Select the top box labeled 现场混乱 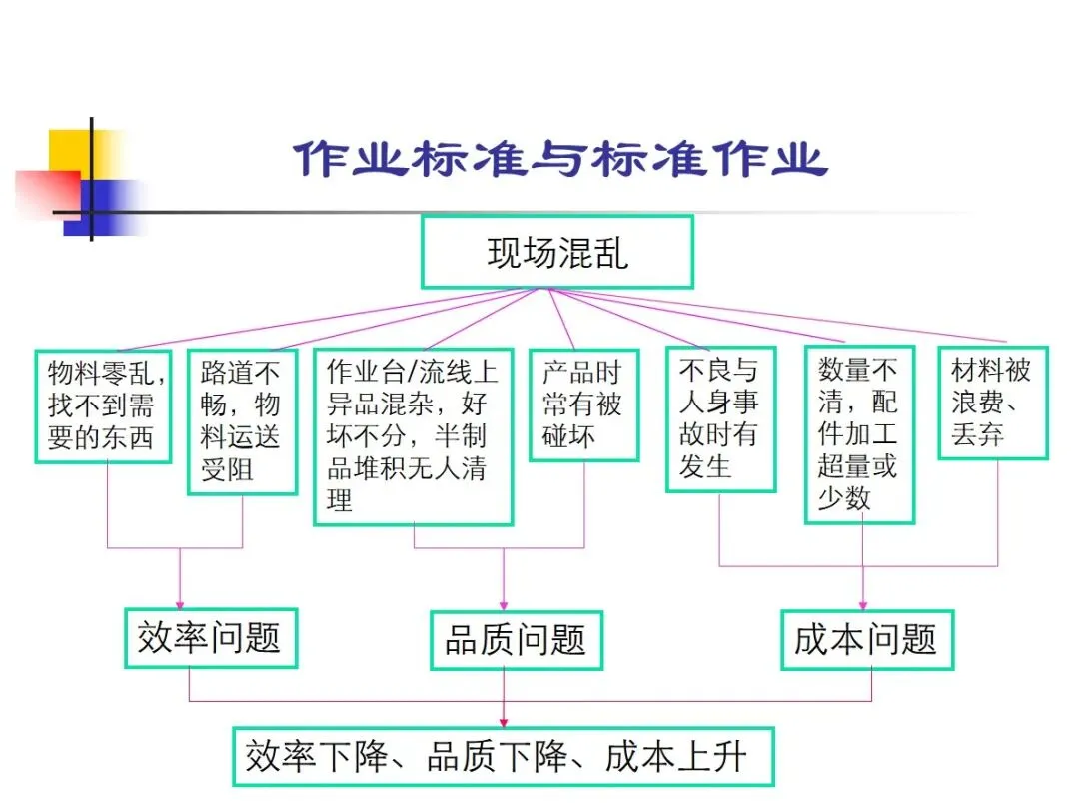(x=556, y=252)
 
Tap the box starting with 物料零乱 (x=103, y=405)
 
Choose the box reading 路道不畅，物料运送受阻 (x=242, y=420)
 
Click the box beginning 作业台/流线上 (x=413, y=435)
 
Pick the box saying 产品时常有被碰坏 (x=583, y=404)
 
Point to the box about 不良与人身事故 (x=720, y=419)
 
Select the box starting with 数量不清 (x=859, y=434)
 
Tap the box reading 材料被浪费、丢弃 (x=992, y=403)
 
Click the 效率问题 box (x=210, y=638)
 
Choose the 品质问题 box (x=516, y=640)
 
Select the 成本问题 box (x=866, y=639)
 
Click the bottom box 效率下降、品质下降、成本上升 (x=503, y=757)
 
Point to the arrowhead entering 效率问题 (x=180, y=603)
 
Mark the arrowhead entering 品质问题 (x=503, y=604)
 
